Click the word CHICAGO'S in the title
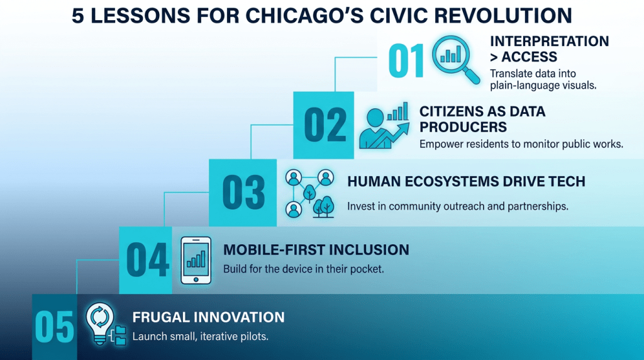[x=304, y=16]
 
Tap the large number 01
[x=406, y=61]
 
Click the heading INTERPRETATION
[x=550, y=41]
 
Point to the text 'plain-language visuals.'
[x=543, y=86]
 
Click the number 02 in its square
[x=325, y=125]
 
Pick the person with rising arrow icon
[x=384, y=125]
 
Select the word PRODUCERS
[x=463, y=127]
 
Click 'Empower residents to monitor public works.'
[x=521, y=144]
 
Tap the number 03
[x=243, y=193]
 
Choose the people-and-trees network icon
[x=309, y=193]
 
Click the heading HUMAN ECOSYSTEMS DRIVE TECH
[x=466, y=182]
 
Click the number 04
[x=147, y=260]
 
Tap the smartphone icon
[x=196, y=260]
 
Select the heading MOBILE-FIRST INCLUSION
[x=316, y=250]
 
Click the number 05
[x=54, y=327]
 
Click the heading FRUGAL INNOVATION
[x=208, y=317]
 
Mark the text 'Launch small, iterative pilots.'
[x=200, y=337]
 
